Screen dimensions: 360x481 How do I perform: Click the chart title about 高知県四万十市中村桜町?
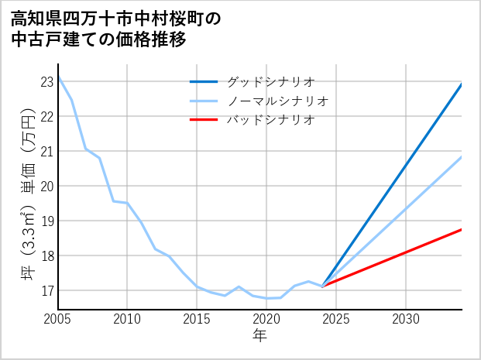(116, 29)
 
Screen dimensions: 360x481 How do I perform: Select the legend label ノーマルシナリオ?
(278, 101)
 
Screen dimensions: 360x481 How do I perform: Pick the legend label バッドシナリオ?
(270, 120)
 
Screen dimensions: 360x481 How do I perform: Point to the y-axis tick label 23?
(46, 81)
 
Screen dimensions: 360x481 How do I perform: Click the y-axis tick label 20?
(46, 186)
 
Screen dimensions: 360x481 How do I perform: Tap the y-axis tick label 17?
(46, 290)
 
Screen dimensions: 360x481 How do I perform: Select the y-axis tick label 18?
(46, 255)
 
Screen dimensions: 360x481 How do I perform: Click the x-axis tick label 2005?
(58, 319)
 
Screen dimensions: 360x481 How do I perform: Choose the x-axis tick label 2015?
(197, 319)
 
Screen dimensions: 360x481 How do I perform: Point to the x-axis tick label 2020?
(266, 319)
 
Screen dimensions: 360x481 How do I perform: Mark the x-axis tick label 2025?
(336, 319)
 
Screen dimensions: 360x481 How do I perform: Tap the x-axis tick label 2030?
(406, 319)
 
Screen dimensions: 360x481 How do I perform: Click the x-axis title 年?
(260, 335)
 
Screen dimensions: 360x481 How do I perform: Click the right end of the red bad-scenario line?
(462, 229)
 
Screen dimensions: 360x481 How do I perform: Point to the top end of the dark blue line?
(462, 84)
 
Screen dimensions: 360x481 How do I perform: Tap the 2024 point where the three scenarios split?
(323, 286)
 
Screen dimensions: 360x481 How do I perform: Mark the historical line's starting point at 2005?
(58, 77)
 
